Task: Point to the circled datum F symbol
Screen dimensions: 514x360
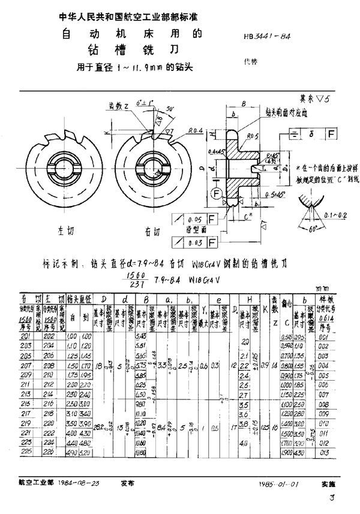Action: (x=215, y=193)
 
